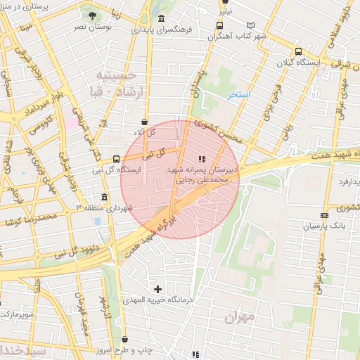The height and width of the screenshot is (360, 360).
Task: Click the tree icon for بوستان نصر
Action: click(x=91, y=15)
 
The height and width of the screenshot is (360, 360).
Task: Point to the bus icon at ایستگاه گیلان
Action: click(x=298, y=51)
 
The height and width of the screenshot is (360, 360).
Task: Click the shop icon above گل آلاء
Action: click(x=144, y=121)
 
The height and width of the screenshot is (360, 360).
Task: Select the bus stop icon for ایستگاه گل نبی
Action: click(x=116, y=159)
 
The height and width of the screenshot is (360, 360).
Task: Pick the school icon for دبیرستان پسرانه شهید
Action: click(x=202, y=159)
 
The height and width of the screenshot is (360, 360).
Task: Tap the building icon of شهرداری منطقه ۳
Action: click(x=104, y=197)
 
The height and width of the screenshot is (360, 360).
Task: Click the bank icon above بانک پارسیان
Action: click(x=323, y=215)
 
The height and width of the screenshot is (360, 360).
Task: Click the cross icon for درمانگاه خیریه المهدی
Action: click(x=157, y=288)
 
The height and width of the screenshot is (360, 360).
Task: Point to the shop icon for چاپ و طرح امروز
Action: click(x=124, y=340)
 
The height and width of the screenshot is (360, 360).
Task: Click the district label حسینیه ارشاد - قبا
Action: click(x=112, y=84)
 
